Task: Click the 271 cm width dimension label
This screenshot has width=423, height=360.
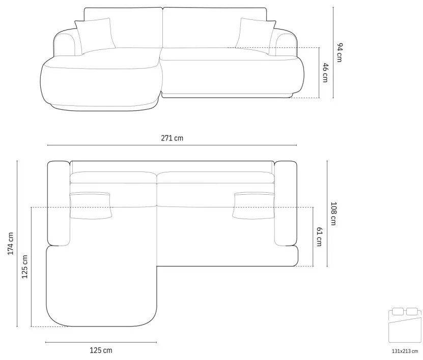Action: [172, 138]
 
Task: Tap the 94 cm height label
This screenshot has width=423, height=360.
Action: [340, 52]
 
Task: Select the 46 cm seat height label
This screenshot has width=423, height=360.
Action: [325, 73]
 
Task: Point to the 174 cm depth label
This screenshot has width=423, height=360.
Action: [10, 244]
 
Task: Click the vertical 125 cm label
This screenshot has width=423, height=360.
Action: [24, 267]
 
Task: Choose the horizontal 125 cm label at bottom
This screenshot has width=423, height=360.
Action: [101, 350]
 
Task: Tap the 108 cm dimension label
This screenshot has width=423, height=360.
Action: [333, 214]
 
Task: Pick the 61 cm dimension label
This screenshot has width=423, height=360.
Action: [319, 236]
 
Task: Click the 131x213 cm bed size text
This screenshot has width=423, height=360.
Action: [405, 351]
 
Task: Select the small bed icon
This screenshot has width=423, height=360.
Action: [405, 325]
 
